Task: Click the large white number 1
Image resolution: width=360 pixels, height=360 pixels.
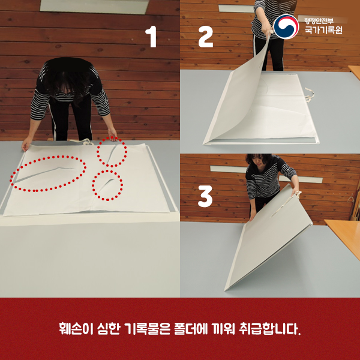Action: pyautogui.click(x=151, y=37)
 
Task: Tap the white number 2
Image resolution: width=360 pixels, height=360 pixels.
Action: pyautogui.click(x=205, y=37)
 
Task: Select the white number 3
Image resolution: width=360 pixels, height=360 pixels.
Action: pyautogui.click(x=205, y=196)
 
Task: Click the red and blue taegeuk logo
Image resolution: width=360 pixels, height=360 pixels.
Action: pyautogui.click(x=286, y=26)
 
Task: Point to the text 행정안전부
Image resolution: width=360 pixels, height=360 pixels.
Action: pyautogui.click(x=319, y=21)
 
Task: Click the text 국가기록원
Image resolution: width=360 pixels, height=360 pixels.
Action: pyautogui.click(x=323, y=30)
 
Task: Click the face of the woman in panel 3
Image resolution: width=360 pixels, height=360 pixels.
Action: pyautogui.click(x=259, y=161)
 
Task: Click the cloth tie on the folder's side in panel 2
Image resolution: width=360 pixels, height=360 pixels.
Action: pyautogui.click(x=310, y=94)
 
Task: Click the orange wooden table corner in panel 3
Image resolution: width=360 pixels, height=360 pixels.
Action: pyautogui.click(x=325, y=220)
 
